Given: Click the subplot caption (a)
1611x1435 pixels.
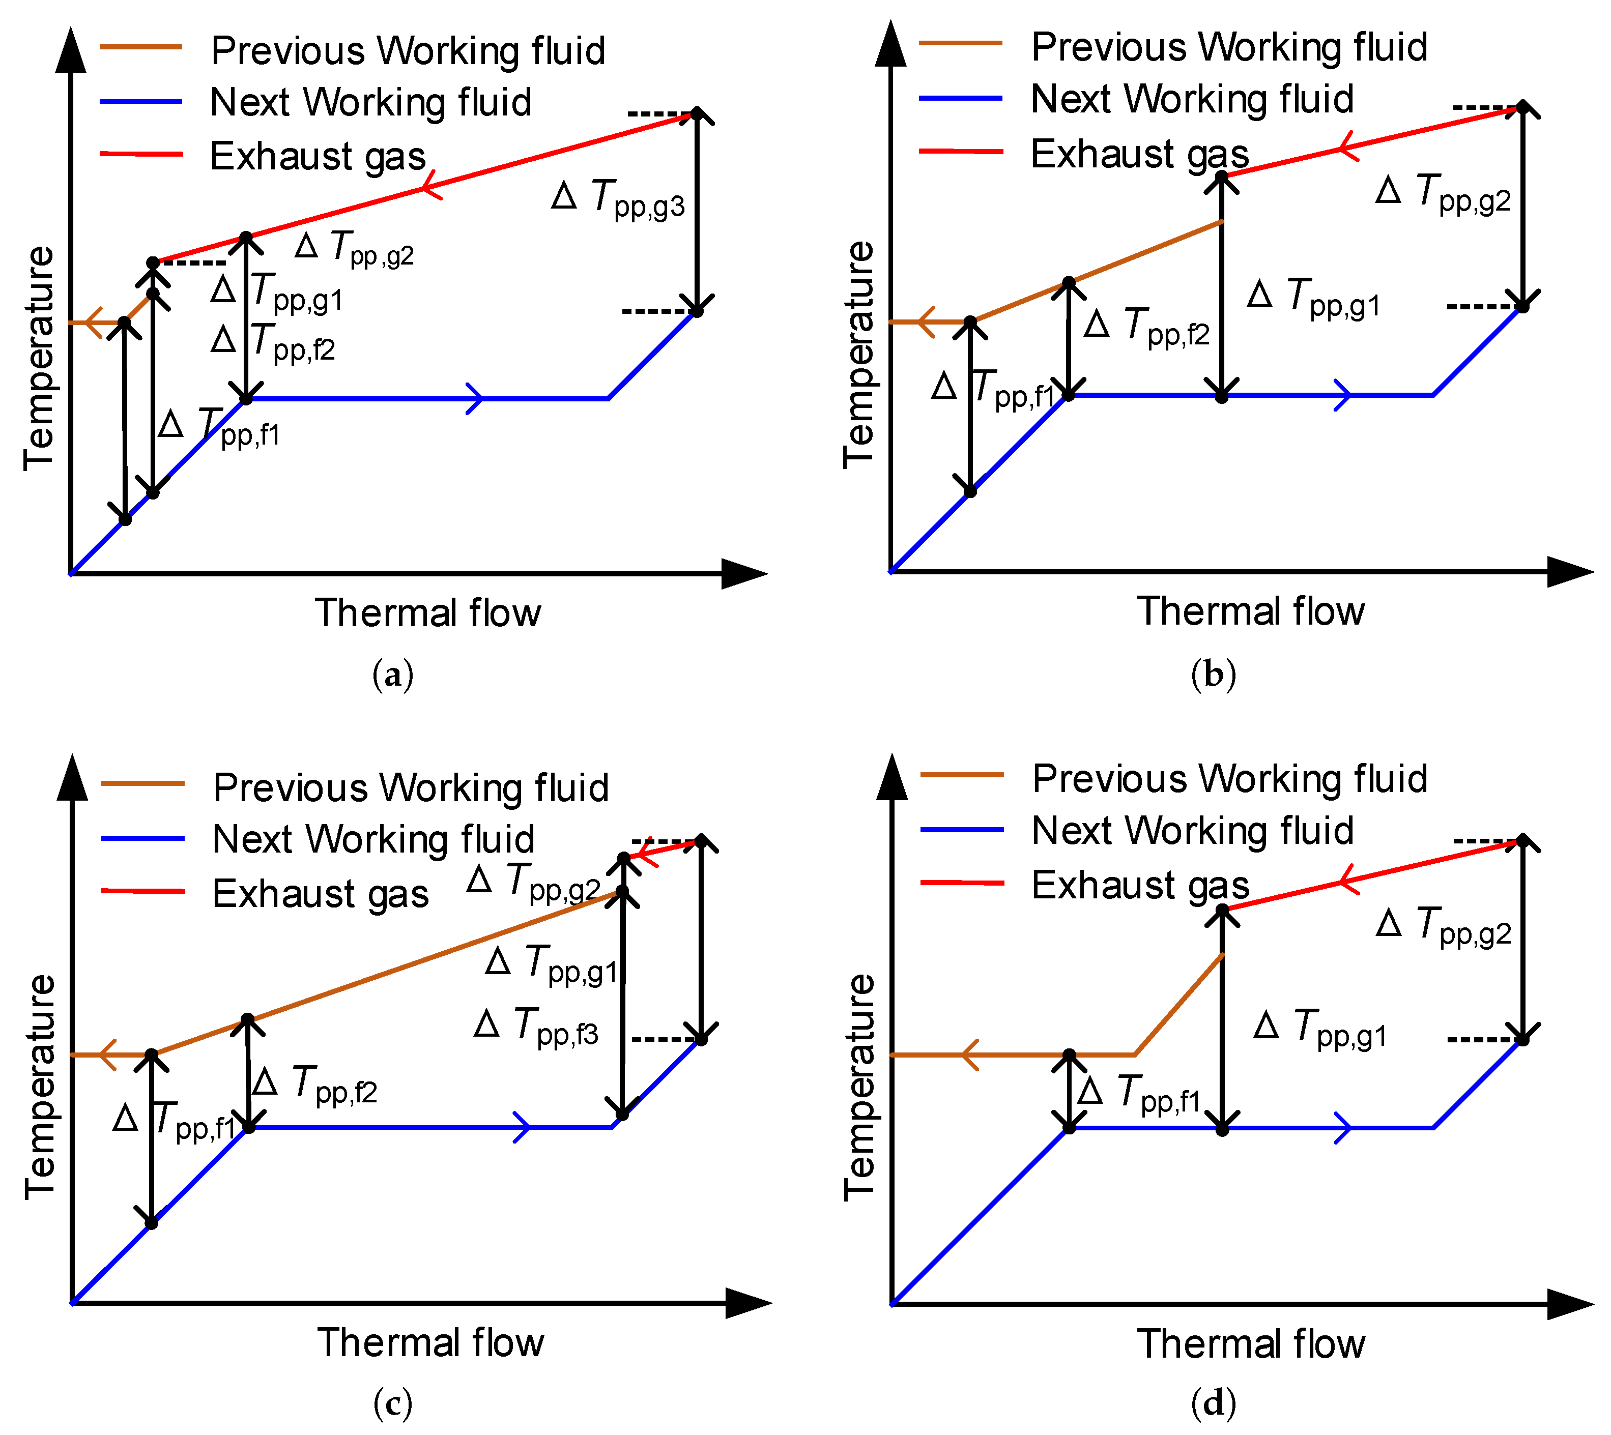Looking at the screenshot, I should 393,675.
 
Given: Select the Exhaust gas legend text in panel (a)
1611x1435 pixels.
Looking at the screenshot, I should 318,156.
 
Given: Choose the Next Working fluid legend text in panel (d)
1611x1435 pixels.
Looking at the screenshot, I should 1192,830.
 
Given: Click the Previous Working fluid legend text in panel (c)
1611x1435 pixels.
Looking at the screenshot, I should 411,787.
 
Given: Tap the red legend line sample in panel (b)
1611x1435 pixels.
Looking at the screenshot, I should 961,150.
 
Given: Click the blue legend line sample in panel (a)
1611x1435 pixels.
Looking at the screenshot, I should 141,102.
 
